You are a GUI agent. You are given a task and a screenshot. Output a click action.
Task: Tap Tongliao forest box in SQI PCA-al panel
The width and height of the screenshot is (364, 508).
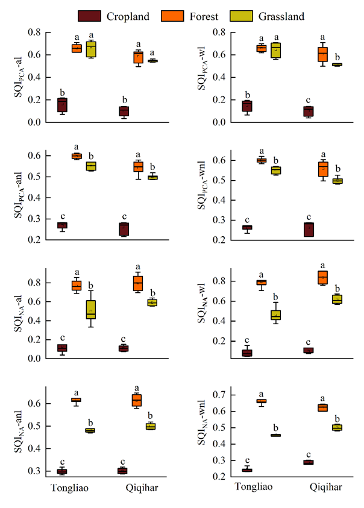(77, 48)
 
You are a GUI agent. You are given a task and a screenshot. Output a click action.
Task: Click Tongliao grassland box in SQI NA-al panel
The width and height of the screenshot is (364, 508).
(91, 309)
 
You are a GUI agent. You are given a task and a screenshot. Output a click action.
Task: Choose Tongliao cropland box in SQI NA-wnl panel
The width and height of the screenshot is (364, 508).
(246, 470)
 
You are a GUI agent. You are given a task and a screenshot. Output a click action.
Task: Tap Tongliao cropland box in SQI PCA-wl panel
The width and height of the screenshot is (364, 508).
(246, 106)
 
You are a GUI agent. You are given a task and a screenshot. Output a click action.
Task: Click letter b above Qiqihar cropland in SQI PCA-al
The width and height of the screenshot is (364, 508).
(124, 99)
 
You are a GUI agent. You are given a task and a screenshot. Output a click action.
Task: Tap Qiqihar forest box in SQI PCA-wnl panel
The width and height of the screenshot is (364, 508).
(322, 169)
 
